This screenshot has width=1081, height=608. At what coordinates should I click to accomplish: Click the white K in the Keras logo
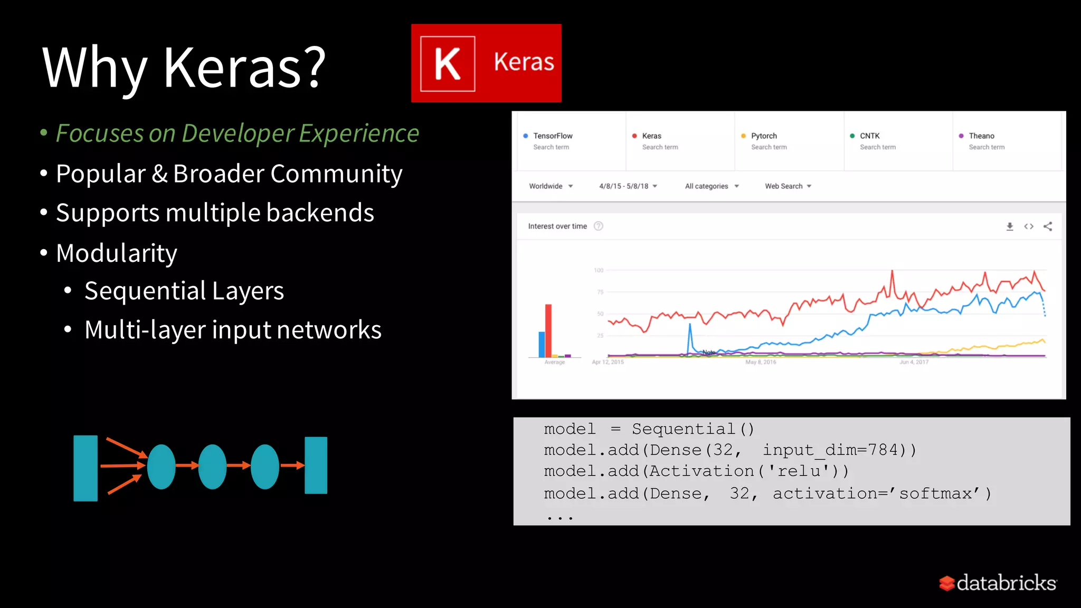tap(447, 64)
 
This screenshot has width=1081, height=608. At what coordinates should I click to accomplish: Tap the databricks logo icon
tap(947, 583)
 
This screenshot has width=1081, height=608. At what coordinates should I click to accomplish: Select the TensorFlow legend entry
tap(552, 136)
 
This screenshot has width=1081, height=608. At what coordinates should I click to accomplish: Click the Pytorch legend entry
tap(763, 136)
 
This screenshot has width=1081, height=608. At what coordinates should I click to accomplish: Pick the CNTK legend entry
tap(869, 136)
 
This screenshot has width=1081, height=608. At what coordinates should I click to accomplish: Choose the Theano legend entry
tap(981, 136)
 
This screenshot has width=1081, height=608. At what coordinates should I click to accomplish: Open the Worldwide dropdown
tap(551, 186)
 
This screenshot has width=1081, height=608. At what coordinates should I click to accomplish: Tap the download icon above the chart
tap(1010, 226)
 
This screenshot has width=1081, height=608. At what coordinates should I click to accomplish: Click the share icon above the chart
tap(1048, 226)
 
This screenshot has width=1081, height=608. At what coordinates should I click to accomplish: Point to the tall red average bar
tap(548, 330)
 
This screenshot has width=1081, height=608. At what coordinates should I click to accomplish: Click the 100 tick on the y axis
tap(599, 270)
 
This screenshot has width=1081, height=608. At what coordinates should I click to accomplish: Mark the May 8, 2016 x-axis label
tap(761, 362)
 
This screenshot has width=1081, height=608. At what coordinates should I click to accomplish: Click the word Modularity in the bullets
tap(117, 253)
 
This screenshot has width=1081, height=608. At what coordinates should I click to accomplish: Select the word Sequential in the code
tap(684, 429)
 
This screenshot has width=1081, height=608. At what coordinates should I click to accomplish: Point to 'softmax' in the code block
tap(935, 493)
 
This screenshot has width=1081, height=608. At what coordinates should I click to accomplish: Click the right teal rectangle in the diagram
tap(316, 465)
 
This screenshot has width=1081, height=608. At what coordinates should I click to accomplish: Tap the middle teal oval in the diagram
tap(212, 467)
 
